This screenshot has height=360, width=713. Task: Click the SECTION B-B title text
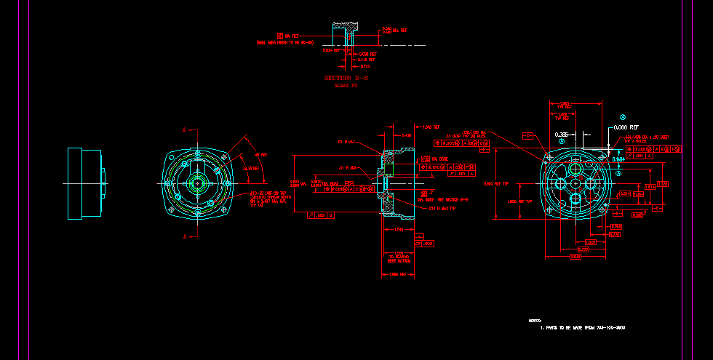tap(346, 77)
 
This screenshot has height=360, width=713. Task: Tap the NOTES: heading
tap(535, 320)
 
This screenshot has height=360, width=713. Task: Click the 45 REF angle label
tap(260, 156)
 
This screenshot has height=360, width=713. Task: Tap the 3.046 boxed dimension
tap(575, 257)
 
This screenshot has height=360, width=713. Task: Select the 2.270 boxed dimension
tap(582, 249)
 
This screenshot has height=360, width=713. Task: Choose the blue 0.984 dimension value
tap(618, 159)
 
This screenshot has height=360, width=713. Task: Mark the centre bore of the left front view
tap(198, 182)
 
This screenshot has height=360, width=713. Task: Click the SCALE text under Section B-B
tap(346, 86)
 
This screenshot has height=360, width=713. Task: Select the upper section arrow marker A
tap(186, 130)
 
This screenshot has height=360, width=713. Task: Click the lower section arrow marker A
tap(186, 236)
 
